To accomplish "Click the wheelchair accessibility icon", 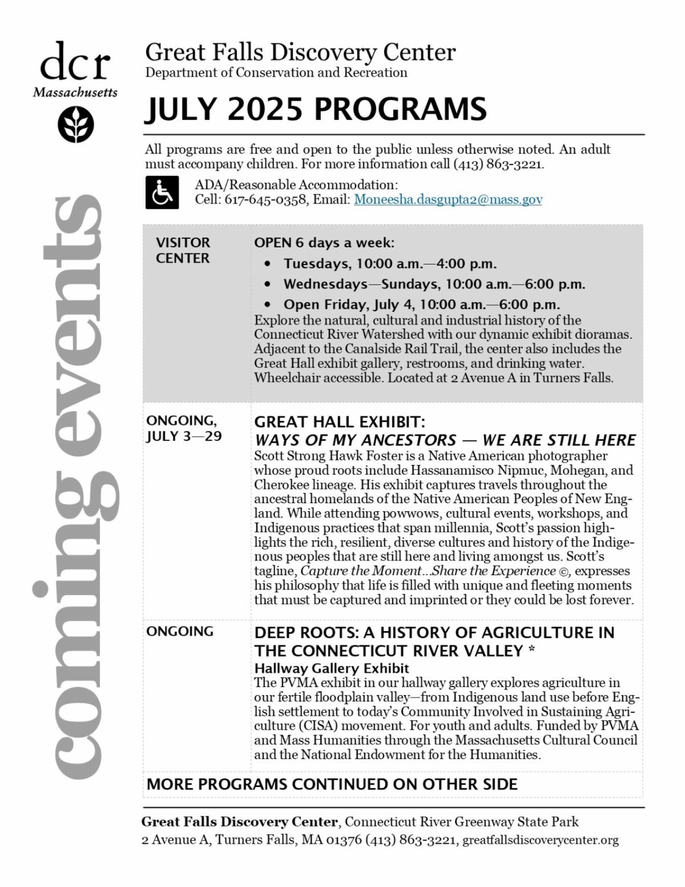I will (x=162, y=192).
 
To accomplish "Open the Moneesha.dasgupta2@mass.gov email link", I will (x=448, y=199).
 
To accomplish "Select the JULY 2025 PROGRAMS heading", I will (x=315, y=109).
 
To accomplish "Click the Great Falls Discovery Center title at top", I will (x=300, y=53).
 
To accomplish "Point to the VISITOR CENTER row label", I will (x=183, y=250).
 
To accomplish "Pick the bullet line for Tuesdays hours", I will (x=390, y=264).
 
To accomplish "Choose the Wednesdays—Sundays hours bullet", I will (x=434, y=284).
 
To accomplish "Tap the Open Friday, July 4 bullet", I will (x=421, y=304).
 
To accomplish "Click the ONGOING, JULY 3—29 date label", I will (x=184, y=428).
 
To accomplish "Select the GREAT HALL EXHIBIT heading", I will (x=340, y=422).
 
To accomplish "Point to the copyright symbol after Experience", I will (x=564, y=571).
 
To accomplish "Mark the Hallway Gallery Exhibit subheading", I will (x=332, y=668).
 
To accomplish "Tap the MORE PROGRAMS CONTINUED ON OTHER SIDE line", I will (x=332, y=784).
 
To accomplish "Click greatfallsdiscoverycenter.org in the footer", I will (x=540, y=840).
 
